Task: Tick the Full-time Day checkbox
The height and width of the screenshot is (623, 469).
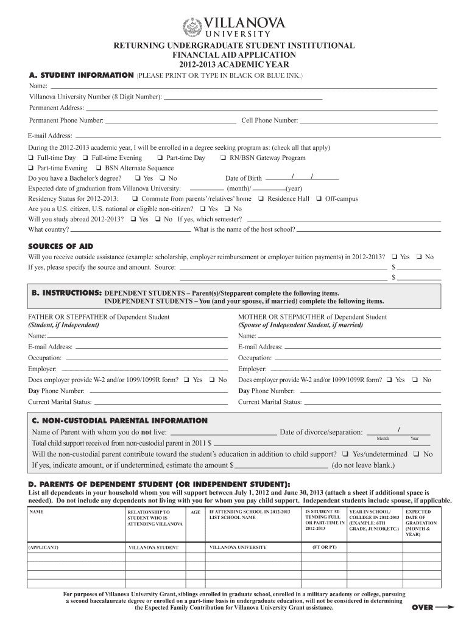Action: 30,158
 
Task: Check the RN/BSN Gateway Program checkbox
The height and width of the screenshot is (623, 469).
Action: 223,158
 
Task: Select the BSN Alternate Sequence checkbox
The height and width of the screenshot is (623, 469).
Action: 98,169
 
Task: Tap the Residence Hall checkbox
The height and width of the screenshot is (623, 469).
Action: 261,199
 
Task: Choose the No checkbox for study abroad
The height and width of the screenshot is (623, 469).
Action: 157,219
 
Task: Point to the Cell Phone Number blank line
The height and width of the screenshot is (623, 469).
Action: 368,122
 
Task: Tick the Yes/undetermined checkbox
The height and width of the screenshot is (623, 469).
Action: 345,454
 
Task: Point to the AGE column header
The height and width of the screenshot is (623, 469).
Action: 196,513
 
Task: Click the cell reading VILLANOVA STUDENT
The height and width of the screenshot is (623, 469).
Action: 153,548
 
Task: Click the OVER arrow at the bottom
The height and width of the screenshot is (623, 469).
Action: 433,607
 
